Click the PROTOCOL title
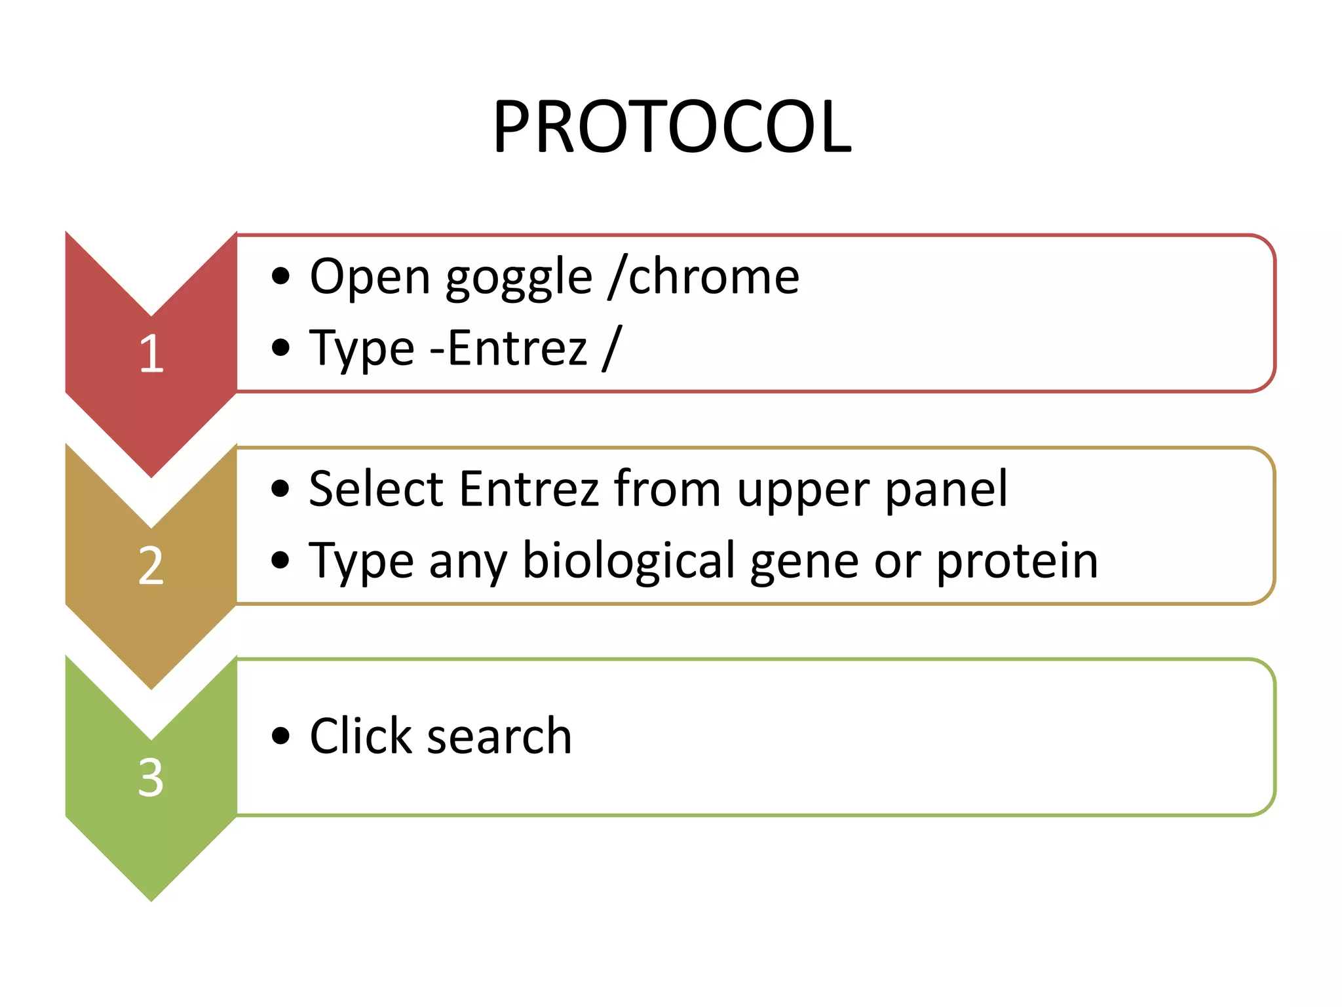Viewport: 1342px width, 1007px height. [x=672, y=127]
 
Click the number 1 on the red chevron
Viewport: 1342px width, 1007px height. [x=151, y=353]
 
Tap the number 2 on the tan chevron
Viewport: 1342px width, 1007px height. [x=151, y=566]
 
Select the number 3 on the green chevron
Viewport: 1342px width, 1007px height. [x=151, y=778]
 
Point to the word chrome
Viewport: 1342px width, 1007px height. [x=714, y=277]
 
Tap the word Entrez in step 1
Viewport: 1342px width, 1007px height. [x=518, y=348]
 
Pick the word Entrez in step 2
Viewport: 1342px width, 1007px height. [x=529, y=489]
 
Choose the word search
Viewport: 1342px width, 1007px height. [x=499, y=737]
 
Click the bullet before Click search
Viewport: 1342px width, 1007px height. [x=280, y=736]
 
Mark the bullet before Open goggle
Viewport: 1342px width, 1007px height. [x=280, y=277]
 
